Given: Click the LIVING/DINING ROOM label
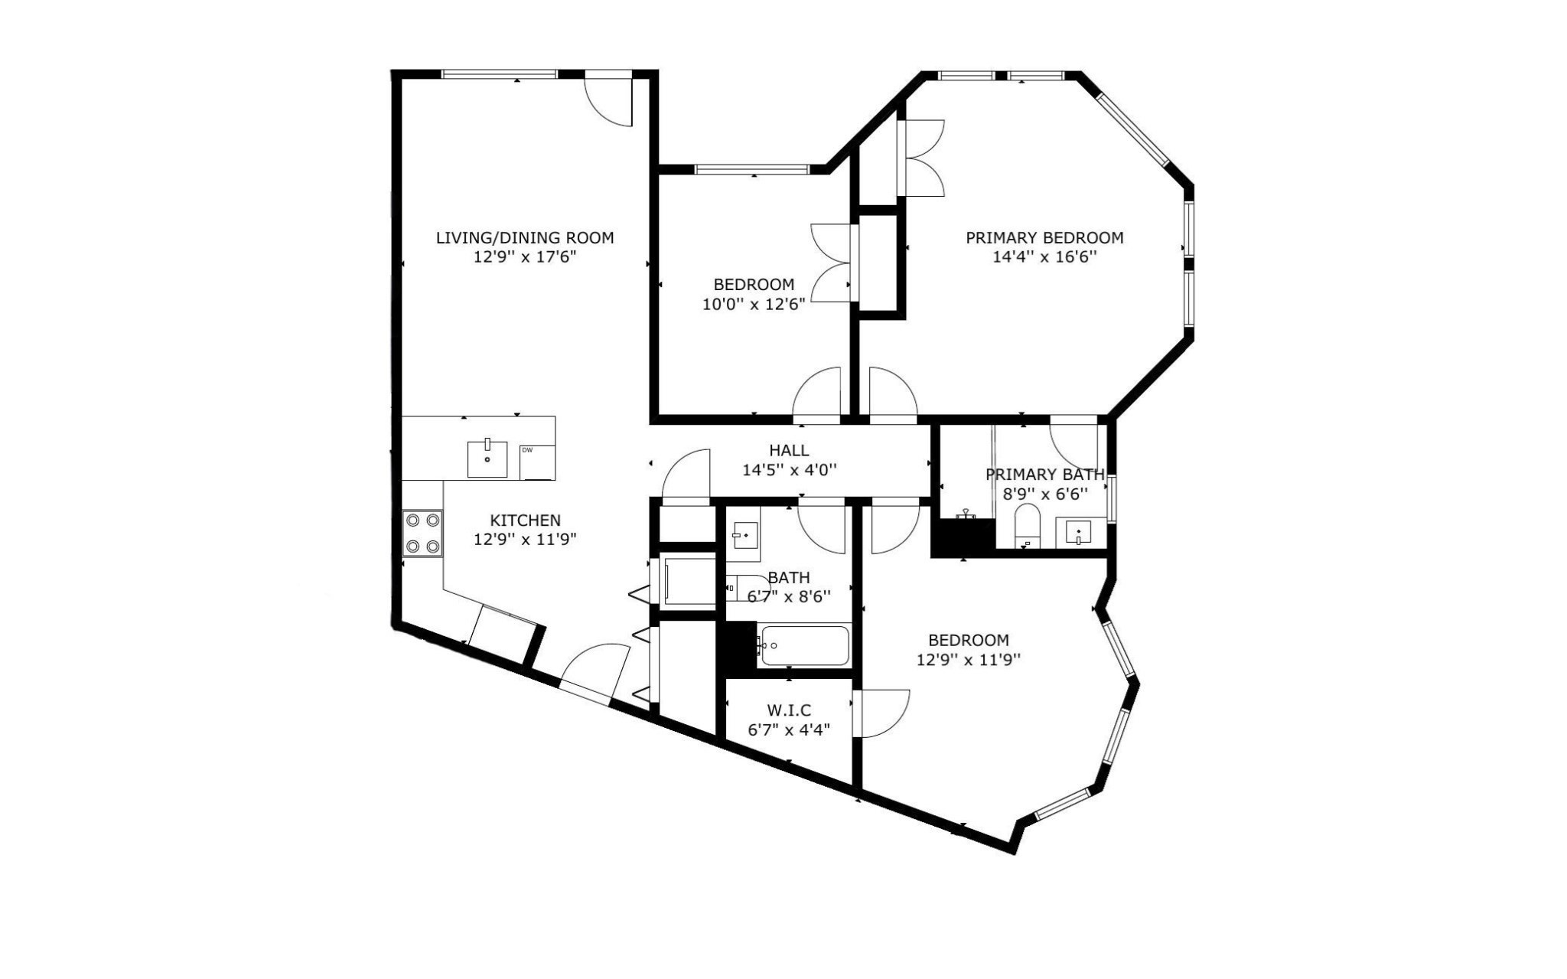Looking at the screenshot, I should coord(524,237).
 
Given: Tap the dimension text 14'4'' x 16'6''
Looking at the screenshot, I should coord(1044,257).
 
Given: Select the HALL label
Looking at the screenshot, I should coord(789,450).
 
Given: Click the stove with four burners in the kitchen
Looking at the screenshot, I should coord(423,533).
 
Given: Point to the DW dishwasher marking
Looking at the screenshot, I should coord(527,450).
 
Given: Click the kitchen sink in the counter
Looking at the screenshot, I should coord(487,458).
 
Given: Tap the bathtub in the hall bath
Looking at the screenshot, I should coord(803,646).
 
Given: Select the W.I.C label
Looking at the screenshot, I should coord(789,710).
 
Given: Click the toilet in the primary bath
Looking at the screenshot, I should coord(1026,524).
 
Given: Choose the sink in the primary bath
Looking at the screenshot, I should coord(1078,531).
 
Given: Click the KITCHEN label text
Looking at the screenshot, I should coord(525,520).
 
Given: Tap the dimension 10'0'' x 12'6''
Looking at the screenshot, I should coord(754,305).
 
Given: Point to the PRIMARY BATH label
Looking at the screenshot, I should coord(1044,475).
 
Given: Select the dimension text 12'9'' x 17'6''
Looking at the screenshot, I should coord(524,257).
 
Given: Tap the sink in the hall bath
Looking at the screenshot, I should coord(744,535).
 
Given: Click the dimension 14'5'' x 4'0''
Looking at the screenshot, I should coord(789,470).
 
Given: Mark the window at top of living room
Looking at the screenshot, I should coord(499,74).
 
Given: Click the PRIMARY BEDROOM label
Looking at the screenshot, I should coord(1044,237).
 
